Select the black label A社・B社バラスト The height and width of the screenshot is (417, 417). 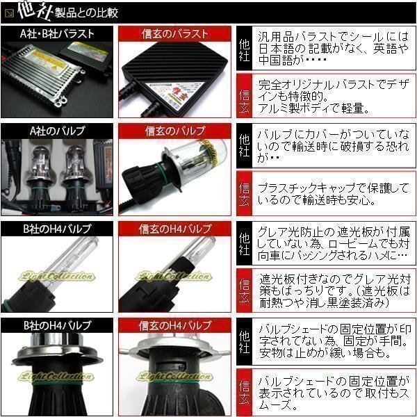(x=58, y=33)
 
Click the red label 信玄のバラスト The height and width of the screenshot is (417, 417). (x=174, y=33)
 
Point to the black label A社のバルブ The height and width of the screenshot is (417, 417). (x=58, y=130)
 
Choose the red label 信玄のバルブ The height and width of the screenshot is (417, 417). (x=174, y=130)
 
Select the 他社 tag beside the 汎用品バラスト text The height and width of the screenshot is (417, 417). (x=244, y=48)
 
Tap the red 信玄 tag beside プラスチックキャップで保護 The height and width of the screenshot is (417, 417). (x=244, y=194)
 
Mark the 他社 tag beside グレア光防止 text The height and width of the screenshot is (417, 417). (x=244, y=243)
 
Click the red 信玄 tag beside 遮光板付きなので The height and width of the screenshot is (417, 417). (x=244, y=291)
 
